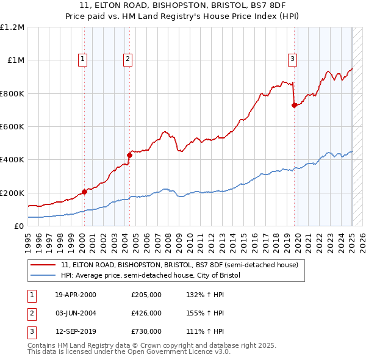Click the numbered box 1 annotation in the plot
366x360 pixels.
point(82,59)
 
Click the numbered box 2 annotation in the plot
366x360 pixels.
point(127,59)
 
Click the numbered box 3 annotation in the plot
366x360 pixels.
point(293,59)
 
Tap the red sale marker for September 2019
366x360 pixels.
point(294,105)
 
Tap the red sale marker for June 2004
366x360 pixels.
point(129,155)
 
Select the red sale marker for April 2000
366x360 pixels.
point(84,192)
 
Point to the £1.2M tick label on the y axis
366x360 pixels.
point(12,27)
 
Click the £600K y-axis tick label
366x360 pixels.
point(12,127)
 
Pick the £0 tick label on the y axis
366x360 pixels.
point(19,226)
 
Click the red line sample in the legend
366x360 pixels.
point(43,265)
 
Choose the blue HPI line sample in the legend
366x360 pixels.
point(43,276)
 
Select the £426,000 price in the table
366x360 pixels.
point(146,313)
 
